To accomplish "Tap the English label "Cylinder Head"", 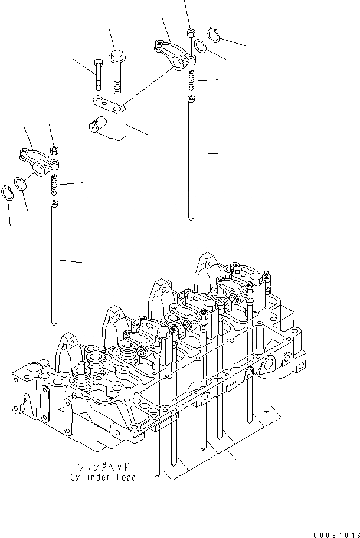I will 103,477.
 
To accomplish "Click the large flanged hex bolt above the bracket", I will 116,70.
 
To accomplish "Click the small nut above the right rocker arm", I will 190,33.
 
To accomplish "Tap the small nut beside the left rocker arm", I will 54,150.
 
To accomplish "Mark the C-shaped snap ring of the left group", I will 8,193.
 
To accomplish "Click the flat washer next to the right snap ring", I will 200,45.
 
